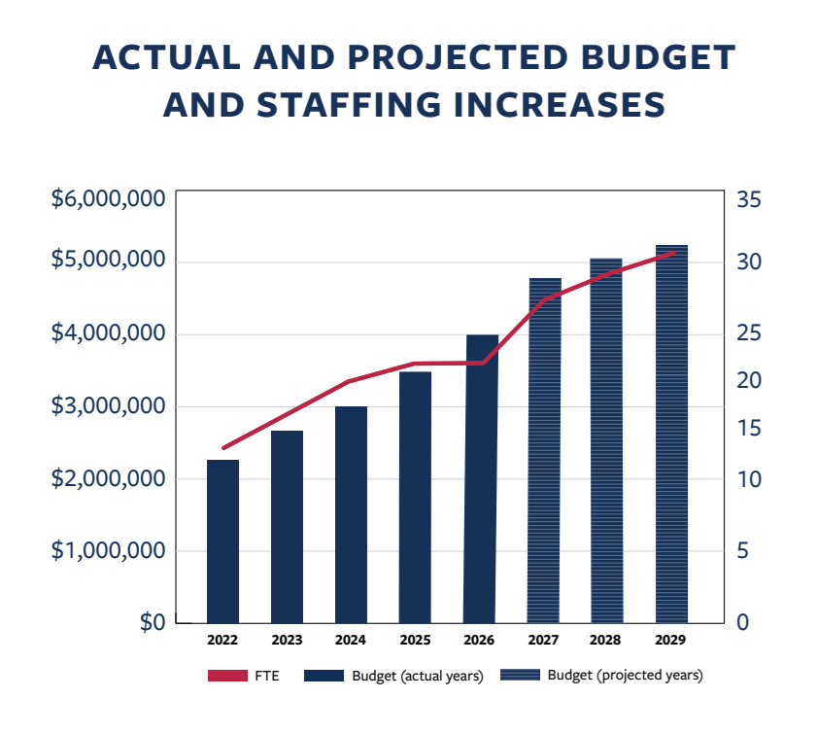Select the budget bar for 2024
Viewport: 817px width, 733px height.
coord(351,514)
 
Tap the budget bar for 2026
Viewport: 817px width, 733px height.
coord(480,478)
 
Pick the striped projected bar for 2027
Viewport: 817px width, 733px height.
coord(545,450)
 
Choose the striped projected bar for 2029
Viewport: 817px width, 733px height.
coord(671,434)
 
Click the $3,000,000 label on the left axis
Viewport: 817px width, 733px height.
coord(107,406)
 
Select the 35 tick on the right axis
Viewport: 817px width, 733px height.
coord(749,200)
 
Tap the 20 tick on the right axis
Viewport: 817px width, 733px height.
coord(749,380)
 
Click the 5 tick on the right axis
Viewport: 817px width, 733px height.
coord(743,551)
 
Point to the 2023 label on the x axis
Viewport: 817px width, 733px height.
coord(287,641)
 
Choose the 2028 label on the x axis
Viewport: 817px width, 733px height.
coord(606,641)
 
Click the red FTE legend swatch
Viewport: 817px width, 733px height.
coord(227,676)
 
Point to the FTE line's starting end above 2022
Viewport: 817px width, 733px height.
coord(223,448)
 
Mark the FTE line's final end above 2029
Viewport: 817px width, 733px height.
coord(673,253)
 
